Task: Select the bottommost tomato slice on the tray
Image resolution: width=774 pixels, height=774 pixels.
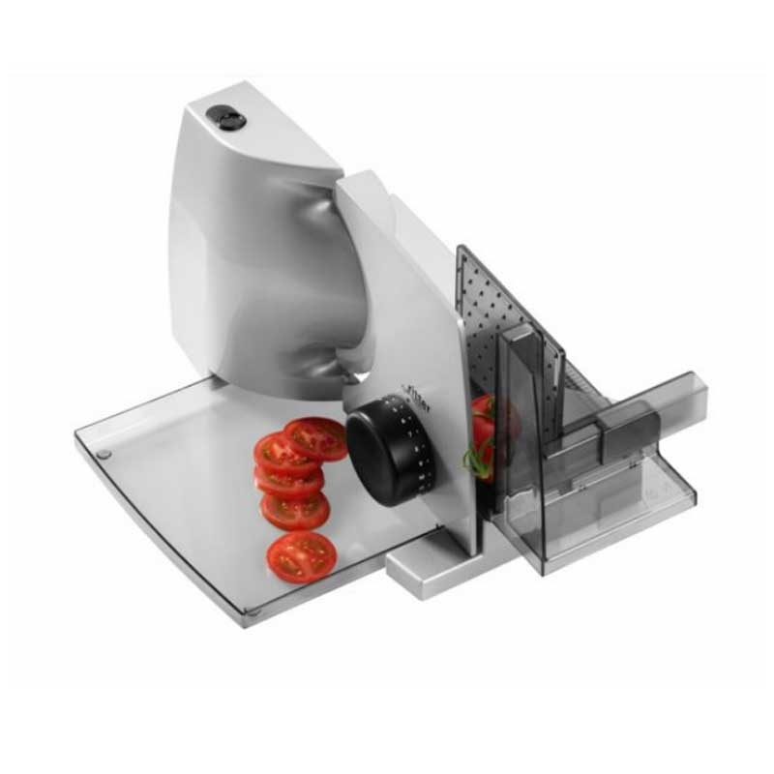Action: [302, 556]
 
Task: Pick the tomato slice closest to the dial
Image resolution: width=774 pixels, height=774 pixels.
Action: [317, 438]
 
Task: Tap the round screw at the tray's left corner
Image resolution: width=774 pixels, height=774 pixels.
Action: [104, 453]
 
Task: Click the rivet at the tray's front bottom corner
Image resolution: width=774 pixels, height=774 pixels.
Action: [250, 610]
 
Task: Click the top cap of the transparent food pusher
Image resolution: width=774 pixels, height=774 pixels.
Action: [519, 333]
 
